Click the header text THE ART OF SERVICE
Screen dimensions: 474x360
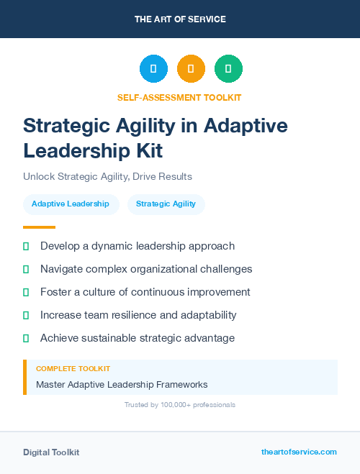(x=180, y=19)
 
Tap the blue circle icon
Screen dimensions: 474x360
(x=153, y=68)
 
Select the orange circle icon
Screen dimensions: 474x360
(x=191, y=68)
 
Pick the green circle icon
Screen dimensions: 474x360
(x=228, y=68)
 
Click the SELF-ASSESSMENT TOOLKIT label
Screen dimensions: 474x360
(x=180, y=97)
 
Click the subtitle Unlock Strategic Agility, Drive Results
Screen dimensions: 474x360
(x=107, y=176)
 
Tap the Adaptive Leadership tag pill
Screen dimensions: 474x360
(x=71, y=204)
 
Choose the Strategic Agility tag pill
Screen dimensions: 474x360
(x=166, y=204)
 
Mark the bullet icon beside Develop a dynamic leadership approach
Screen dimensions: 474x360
(x=26, y=246)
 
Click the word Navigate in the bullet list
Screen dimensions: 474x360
(x=63, y=269)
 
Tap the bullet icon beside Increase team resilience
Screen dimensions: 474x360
(x=26, y=315)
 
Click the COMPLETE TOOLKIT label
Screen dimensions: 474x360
(x=73, y=369)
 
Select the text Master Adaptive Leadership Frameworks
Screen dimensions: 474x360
(x=122, y=385)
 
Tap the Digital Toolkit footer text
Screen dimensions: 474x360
(x=51, y=452)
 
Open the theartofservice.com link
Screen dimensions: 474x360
(x=299, y=452)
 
